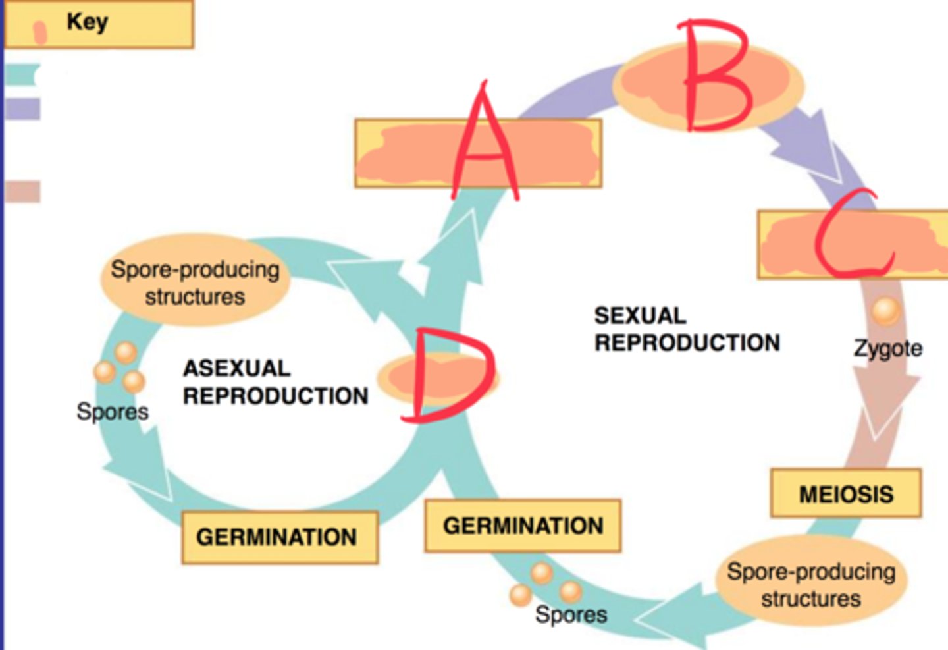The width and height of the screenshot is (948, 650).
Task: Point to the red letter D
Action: [x=448, y=375]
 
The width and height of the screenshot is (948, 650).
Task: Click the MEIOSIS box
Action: [x=846, y=494]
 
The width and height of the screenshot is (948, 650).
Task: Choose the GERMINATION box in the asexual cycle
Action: [x=279, y=537]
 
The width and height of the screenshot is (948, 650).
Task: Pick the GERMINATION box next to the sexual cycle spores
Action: [x=523, y=526]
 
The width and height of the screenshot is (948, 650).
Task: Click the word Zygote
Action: [x=887, y=348]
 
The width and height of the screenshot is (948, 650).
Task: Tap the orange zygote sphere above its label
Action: [x=885, y=310]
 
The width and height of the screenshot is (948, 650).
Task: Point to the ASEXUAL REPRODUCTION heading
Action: [x=275, y=382]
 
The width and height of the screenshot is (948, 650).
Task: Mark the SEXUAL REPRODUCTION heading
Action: [x=687, y=329]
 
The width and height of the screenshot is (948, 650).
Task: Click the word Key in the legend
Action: [x=87, y=22]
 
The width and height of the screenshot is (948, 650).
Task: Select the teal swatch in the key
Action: [x=22, y=74]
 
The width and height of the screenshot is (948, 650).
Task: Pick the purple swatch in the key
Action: [x=22, y=109]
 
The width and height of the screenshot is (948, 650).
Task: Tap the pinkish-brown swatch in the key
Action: [x=22, y=192]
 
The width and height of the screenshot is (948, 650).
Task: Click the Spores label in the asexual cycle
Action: [x=113, y=412]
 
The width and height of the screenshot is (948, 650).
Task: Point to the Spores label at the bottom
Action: [x=571, y=614]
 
